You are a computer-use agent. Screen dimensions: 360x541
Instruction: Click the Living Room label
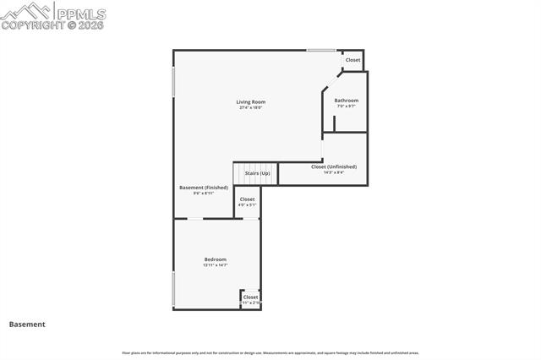251,101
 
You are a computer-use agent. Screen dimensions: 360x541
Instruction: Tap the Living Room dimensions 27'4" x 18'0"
251,107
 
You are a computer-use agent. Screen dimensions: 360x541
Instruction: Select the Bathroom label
346,101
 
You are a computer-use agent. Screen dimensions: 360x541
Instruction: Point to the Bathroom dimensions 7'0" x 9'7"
346,106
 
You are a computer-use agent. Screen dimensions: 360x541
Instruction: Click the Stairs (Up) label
257,173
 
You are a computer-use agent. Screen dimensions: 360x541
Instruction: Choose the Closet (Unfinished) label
333,166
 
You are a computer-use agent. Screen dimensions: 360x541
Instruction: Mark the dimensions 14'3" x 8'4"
333,172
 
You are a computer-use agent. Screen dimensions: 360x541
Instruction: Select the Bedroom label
215,259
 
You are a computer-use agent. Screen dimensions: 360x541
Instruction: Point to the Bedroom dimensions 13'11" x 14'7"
215,265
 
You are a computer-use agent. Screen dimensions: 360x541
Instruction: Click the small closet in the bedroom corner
251,299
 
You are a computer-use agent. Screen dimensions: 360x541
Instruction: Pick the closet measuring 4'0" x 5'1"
247,202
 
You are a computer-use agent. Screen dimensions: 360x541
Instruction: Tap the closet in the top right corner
352,60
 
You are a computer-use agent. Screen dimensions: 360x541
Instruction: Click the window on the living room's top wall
320,51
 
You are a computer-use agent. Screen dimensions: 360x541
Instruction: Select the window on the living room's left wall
174,82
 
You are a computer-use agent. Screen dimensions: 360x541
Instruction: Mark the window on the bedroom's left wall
174,289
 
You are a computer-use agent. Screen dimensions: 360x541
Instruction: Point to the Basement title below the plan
27,324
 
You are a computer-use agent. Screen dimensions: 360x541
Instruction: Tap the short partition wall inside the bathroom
334,123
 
